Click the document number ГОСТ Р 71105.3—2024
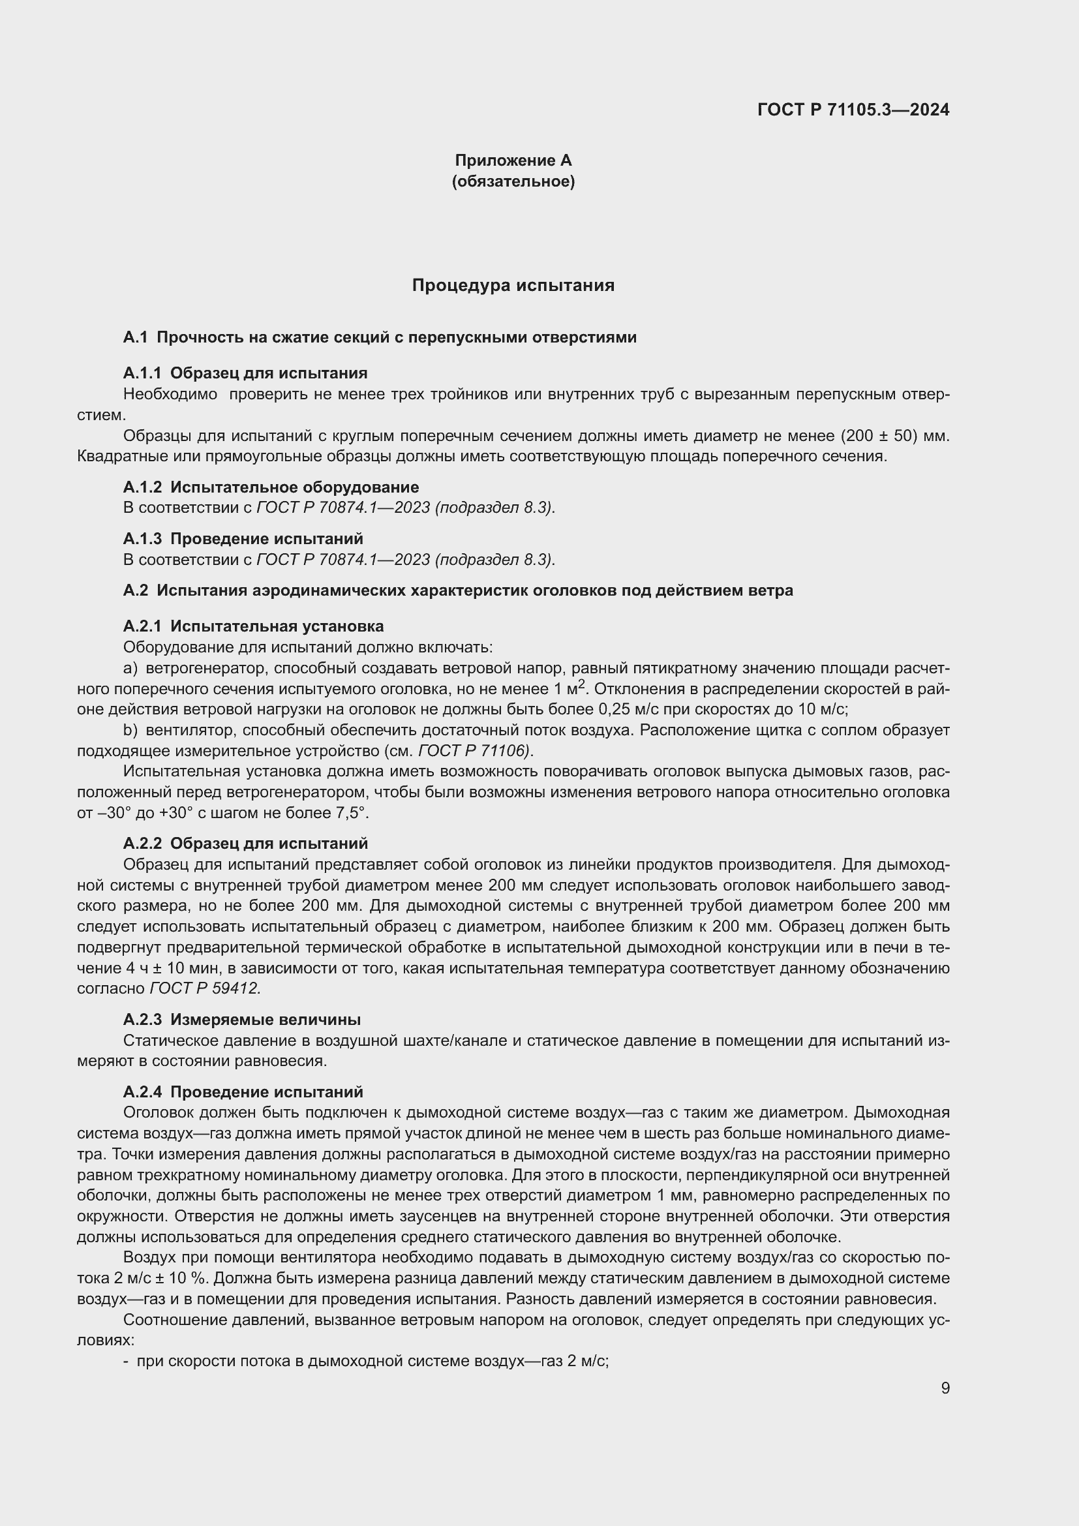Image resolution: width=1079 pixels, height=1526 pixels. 853,110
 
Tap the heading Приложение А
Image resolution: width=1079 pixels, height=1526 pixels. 513,160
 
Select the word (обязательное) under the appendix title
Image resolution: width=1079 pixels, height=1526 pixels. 513,181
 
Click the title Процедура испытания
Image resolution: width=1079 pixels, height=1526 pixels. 513,285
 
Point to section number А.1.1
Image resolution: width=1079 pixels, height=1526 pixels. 142,373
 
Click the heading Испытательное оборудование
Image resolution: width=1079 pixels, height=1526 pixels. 294,487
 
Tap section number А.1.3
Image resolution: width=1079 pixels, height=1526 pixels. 142,538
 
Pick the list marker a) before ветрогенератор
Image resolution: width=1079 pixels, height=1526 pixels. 131,668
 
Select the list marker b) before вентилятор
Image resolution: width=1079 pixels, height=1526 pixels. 131,731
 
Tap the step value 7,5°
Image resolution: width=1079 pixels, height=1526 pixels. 353,814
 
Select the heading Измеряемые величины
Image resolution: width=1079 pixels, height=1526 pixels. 266,1020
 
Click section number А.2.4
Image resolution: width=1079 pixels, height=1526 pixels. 142,1092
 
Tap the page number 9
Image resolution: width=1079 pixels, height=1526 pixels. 945,1388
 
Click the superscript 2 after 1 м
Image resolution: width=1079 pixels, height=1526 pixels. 581,684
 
